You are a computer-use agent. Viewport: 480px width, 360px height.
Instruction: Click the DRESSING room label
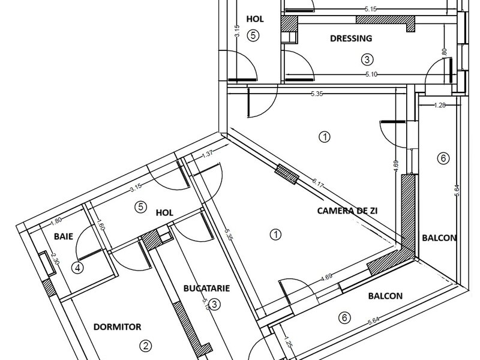352,38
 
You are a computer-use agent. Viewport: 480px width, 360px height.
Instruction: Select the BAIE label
63,236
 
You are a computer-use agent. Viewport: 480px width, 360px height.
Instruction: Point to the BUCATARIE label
207,289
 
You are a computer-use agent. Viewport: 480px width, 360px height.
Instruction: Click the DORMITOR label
118,327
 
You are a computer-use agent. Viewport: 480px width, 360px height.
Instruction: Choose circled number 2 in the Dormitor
145,345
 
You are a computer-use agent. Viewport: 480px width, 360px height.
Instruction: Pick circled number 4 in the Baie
77,268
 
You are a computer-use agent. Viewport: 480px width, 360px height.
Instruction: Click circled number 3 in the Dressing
367,59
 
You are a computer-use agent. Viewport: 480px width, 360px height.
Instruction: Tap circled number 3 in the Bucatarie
215,304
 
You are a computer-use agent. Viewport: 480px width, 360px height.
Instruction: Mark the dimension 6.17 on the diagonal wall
319,184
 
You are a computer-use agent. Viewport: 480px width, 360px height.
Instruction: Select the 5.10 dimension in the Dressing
371,75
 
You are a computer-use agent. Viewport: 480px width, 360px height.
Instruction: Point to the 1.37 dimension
208,154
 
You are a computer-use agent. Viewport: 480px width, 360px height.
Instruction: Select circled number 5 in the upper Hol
253,35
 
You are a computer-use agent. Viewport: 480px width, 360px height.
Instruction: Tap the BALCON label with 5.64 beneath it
385,296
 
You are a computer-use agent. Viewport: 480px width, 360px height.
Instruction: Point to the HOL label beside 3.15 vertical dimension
256,19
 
